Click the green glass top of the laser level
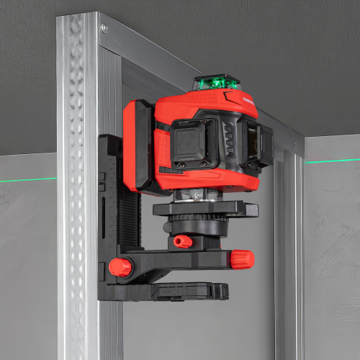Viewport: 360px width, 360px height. [216, 81]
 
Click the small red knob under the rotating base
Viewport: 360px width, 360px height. [183, 241]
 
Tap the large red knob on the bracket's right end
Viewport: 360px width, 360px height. [241, 258]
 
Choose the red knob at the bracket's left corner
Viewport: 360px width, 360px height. [120, 268]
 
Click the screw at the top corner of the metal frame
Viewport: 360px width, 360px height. [104, 28]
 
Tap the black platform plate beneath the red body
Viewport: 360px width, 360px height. [205, 209]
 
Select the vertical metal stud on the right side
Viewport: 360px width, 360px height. [288, 252]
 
